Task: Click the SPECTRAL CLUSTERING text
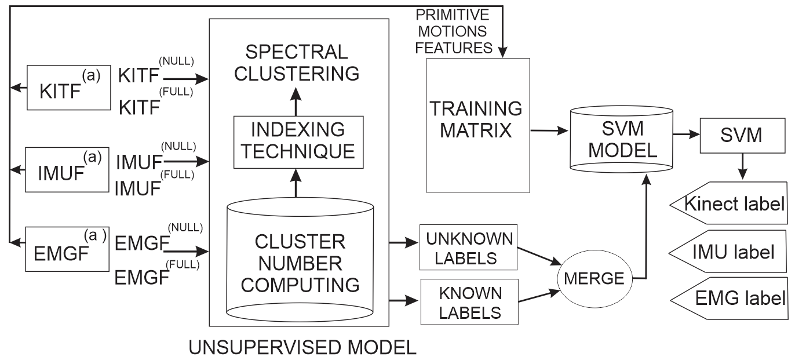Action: click(x=297, y=62)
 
